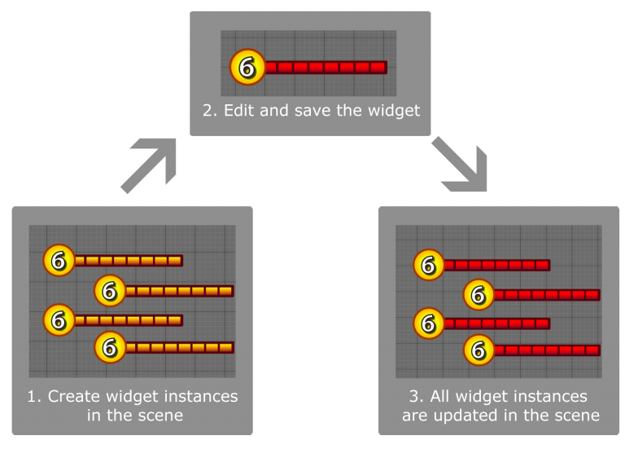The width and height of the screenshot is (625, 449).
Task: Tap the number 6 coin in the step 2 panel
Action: coord(247,68)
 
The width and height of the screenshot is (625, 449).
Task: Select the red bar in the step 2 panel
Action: coord(325,68)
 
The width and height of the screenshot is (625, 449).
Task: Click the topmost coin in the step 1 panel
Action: coord(59,261)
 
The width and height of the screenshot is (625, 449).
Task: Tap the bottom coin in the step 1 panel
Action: coord(110,348)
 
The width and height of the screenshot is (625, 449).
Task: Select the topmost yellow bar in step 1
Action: coord(128,261)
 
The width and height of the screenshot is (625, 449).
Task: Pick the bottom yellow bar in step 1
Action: coord(179,348)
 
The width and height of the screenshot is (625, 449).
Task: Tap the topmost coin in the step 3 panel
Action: coord(429,265)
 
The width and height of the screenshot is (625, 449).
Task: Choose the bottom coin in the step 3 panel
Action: coord(479,351)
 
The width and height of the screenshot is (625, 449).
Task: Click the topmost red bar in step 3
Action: coord(496,265)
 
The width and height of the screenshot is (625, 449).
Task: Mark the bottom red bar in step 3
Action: coord(547,351)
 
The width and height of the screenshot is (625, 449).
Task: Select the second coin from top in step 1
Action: coord(110,291)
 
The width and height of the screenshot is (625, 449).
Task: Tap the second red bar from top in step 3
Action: coord(547,295)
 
